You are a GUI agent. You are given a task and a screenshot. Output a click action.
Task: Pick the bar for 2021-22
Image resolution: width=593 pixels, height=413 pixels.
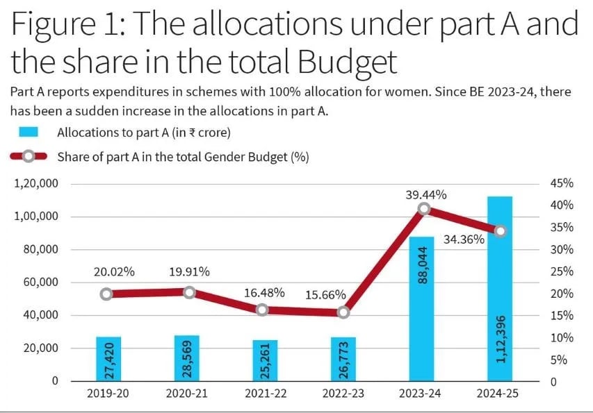click(265, 360)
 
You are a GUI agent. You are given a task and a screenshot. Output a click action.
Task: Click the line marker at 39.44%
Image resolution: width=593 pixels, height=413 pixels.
click(424, 208)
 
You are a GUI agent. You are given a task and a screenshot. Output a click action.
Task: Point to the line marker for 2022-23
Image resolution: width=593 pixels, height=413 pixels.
click(343, 313)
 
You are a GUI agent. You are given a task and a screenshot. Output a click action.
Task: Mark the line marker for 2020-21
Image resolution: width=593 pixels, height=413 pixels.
click(189, 292)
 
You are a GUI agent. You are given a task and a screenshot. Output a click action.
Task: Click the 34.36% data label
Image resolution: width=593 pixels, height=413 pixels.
click(463, 240)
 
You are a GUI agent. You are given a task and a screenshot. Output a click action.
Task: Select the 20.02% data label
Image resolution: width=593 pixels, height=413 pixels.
click(114, 272)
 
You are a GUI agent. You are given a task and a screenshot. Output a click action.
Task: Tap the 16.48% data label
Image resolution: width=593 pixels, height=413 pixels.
click(264, 292)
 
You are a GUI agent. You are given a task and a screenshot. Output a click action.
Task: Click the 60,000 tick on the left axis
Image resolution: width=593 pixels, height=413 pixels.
click(41, 283)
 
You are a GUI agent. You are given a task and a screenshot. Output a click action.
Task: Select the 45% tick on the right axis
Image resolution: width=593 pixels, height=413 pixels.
click(561, 184)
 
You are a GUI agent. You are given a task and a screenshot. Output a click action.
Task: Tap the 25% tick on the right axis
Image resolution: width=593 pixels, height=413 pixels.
click(561, 271)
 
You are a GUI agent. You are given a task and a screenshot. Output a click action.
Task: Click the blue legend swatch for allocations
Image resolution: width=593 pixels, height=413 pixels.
click(29, 132)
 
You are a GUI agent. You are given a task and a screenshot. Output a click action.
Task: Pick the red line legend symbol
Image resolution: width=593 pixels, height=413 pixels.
click(29, 156)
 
